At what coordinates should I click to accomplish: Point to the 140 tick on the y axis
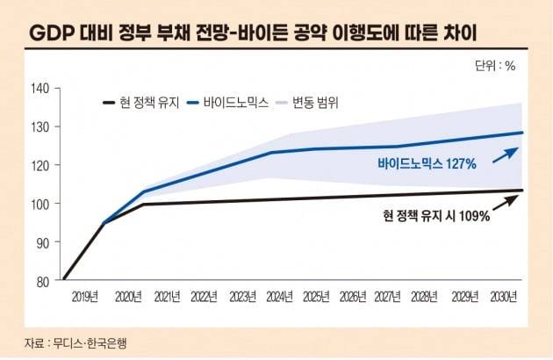tap(40, 88)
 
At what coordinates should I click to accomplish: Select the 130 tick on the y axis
tap(40, 126)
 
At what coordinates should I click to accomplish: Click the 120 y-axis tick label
tap(40, 165)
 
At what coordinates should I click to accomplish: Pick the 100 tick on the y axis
tap(40, 204)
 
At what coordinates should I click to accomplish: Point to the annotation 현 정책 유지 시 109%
tap(435, 214)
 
